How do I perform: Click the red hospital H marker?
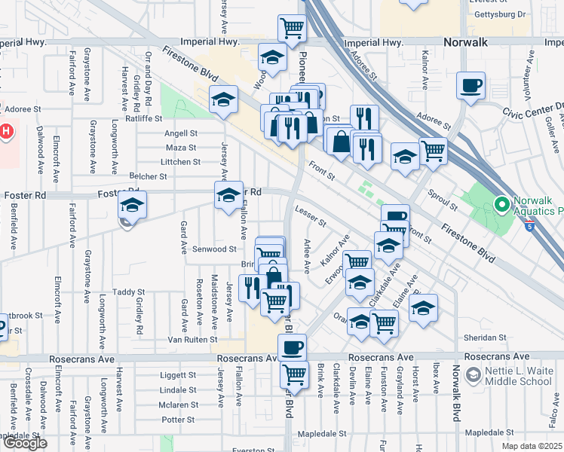(x=6, y=132)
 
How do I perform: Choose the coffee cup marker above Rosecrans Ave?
(x=292, y=347)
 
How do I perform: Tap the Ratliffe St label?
(x=144, y=118)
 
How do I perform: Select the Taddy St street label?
(x=128, y=292)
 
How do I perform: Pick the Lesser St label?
(x=310, y=215)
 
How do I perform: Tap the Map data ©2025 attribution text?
(x=532, y=446)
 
